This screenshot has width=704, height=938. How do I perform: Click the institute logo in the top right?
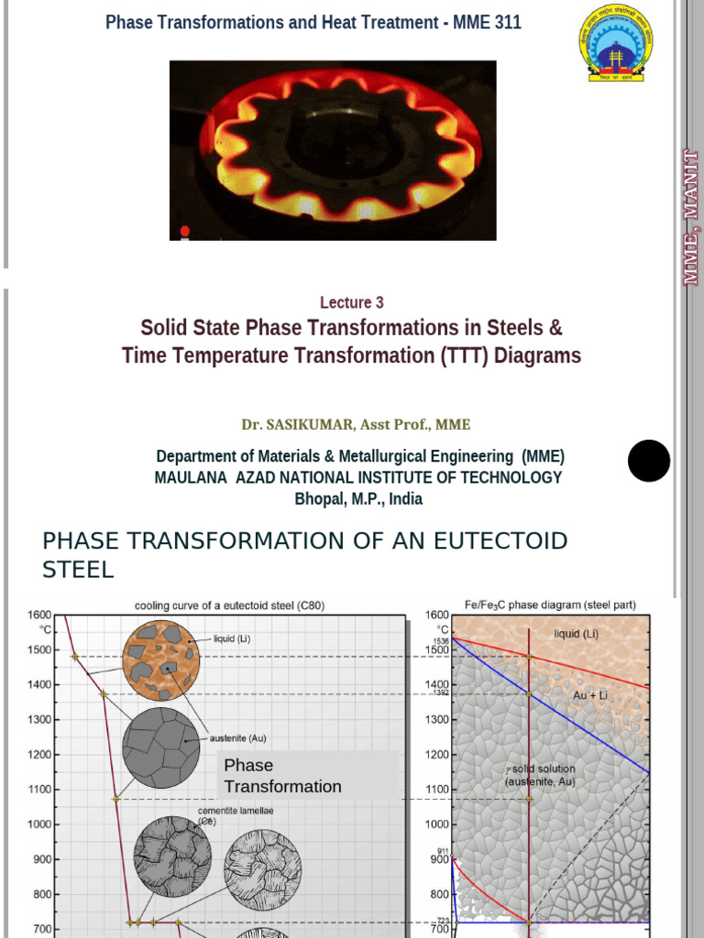click(615, 43)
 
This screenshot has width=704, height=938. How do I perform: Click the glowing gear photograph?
click(333, 150)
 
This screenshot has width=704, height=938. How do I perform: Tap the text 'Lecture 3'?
click(351, 303)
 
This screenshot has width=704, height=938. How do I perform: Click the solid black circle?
click(649, 460)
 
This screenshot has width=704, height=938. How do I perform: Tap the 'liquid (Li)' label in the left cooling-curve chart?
click(232, 638)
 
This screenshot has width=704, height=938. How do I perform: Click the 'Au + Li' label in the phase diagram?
click(591, 695)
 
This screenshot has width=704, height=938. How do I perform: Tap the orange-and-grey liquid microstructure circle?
click(160, 660)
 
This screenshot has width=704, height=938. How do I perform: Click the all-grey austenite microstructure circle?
click(160, 747)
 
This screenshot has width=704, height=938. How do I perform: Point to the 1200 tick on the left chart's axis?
click(38, 754)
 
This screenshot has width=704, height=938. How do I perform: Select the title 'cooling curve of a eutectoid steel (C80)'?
click(230, 605)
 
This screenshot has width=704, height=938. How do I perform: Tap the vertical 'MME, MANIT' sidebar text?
click(690, 218)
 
